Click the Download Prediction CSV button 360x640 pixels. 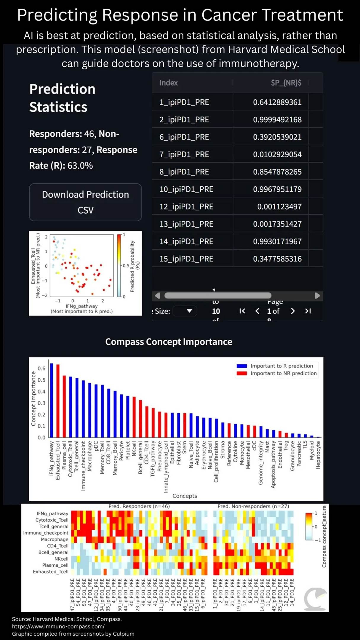(x=85, y=202)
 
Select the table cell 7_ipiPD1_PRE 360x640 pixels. (x=184, y=154)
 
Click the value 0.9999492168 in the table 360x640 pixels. (x=277, y=120)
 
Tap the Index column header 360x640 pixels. (x=168, y=83)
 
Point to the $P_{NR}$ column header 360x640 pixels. (x=286, y=83)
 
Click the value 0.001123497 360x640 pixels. (x=279, y=207)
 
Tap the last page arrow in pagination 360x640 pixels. (x=308, y=311)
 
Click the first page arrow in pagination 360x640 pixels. (x=242, y=311)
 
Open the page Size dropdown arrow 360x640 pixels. (x=189, y=311)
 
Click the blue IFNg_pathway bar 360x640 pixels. (x=52, y=400)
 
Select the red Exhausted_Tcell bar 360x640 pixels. (x=58, y=401)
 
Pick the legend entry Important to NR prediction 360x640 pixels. (x=283, y=373)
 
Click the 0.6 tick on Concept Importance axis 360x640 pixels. (x=41, y=369)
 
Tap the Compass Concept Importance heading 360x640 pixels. (x=169, y=342)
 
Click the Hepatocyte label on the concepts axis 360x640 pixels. (x=318, y=455)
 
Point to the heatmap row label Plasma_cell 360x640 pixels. (x=55, y=565)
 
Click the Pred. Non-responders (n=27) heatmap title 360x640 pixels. (x=253, y=506)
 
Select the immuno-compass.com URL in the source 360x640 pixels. (x=58, y=626)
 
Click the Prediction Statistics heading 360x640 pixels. (x=62, y=98)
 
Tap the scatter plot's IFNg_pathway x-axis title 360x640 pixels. (x=81, y=306)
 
